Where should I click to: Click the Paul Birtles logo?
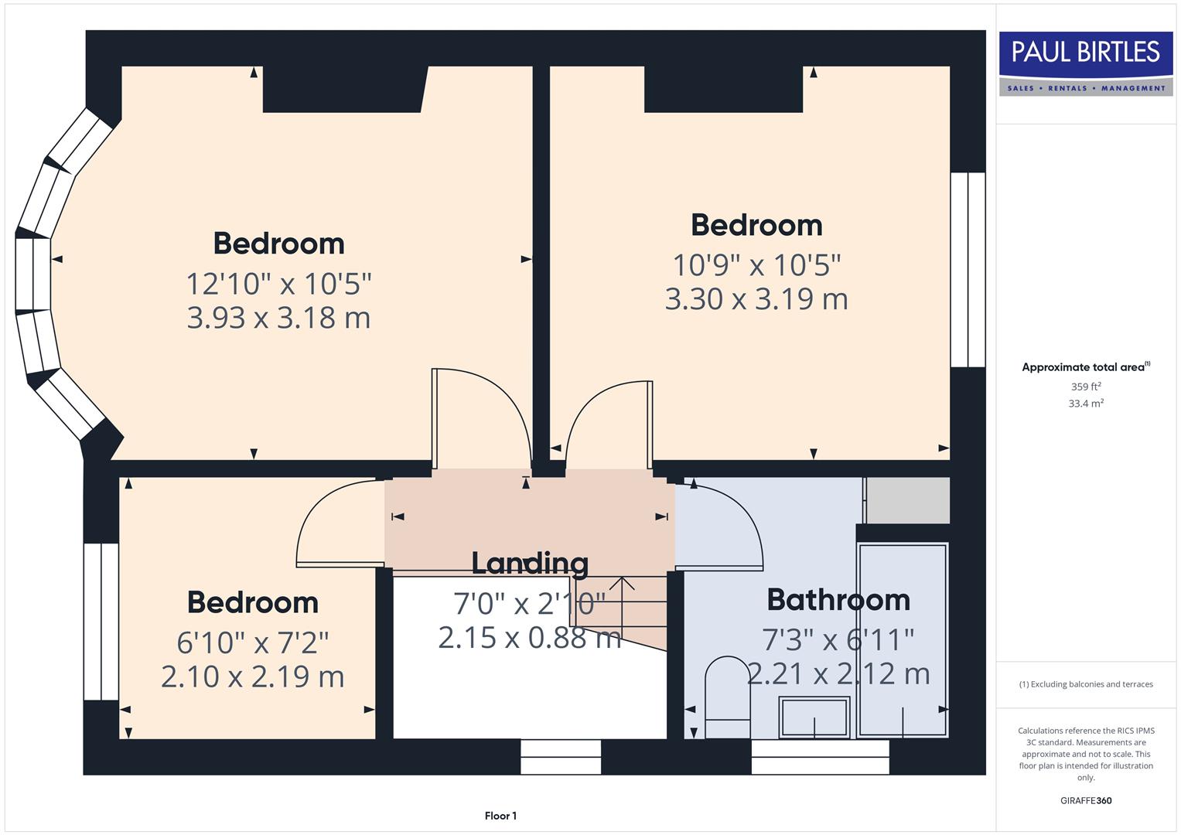[1085, 63]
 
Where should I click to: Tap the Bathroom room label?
[838, 600]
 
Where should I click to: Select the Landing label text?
[530, 563]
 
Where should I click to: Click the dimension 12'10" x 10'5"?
[278, 284]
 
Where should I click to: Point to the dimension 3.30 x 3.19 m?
[756, 299]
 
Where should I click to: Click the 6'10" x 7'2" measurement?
[253, 642]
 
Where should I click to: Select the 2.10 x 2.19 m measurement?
[253, 677]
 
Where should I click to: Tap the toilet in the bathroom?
[728, 696]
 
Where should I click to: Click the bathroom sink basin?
[814, 717]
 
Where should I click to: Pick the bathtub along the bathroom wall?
[903, 640]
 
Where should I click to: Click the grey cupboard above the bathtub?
[906, 500]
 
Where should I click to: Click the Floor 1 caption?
[500, 816]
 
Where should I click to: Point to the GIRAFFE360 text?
[1085, 800]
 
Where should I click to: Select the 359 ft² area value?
[1085, 387]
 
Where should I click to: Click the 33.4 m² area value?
[1085, 404]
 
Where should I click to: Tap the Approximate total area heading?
[1085, 367]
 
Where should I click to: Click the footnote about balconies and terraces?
[1085, 684]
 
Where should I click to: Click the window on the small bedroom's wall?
[101, 622]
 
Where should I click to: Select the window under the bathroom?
[820, 757]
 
